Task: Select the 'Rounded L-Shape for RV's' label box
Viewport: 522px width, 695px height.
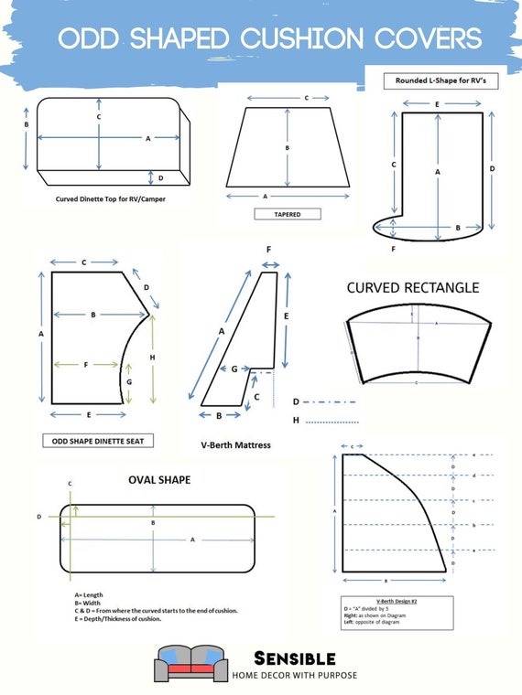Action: (434, 80)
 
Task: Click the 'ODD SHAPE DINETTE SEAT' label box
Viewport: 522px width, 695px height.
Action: (98, 441)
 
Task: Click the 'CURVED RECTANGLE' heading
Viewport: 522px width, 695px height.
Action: (412, 287)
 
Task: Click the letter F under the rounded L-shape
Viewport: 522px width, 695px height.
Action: (393, 248)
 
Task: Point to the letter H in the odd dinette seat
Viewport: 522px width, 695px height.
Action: (152, 357)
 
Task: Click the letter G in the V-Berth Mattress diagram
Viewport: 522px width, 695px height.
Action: (234, 369)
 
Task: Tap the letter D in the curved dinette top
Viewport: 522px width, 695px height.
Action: (160, 177)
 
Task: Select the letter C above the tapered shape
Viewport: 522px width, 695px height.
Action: (306, 96)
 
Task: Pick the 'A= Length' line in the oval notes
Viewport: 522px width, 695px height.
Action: (89, 594)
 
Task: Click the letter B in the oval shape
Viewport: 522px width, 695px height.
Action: (153, 522)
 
